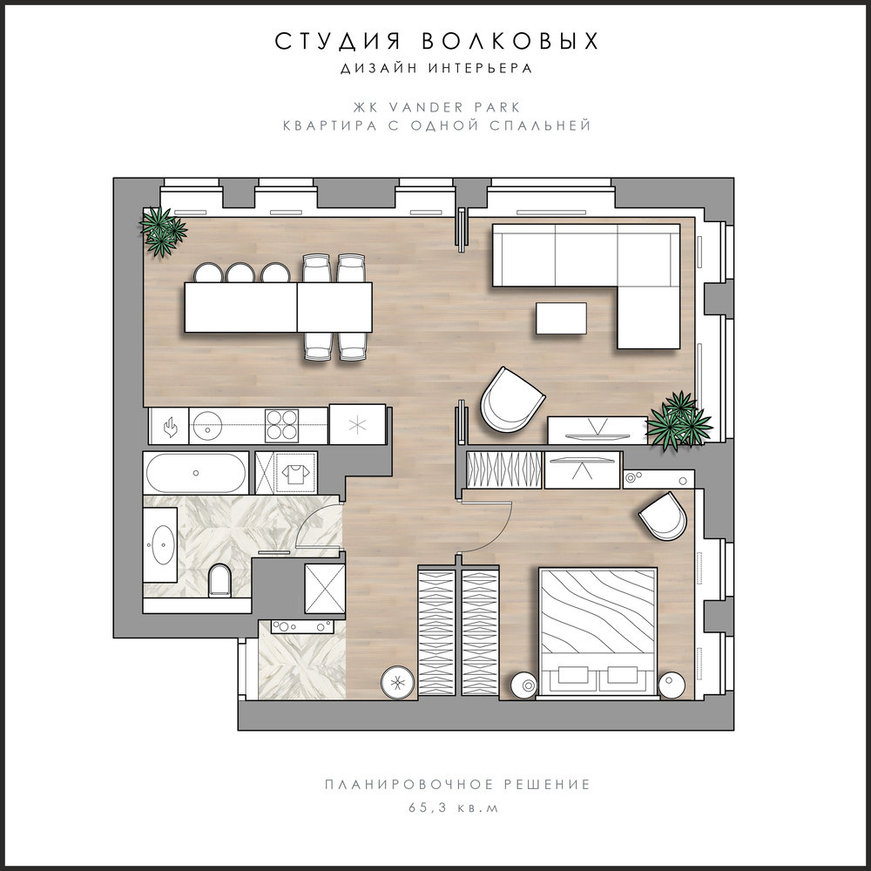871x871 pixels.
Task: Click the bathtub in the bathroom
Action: tap(196, 473)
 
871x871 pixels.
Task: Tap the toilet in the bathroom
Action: tap(219, 580)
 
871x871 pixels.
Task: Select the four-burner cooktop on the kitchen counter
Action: tap(281, 426)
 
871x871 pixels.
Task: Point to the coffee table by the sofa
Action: tap(561, 318)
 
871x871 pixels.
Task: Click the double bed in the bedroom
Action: tap(598, 631)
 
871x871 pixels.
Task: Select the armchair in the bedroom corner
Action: tap(663, 517)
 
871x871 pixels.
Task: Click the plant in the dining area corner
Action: tap(162, 231)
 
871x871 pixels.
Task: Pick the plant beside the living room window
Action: tap(679, 421)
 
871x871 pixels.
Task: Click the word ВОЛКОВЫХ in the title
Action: tap(510, 42)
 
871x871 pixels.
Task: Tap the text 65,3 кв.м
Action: tap(454, 807)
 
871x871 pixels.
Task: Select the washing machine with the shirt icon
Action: tap(296, 473)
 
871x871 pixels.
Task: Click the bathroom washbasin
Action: tap(162, 544)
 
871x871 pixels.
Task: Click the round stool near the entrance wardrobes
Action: tap(398, 682)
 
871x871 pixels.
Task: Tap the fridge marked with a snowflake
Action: tap(357, 425)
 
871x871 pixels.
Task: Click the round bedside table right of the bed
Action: tap(672, 684)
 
